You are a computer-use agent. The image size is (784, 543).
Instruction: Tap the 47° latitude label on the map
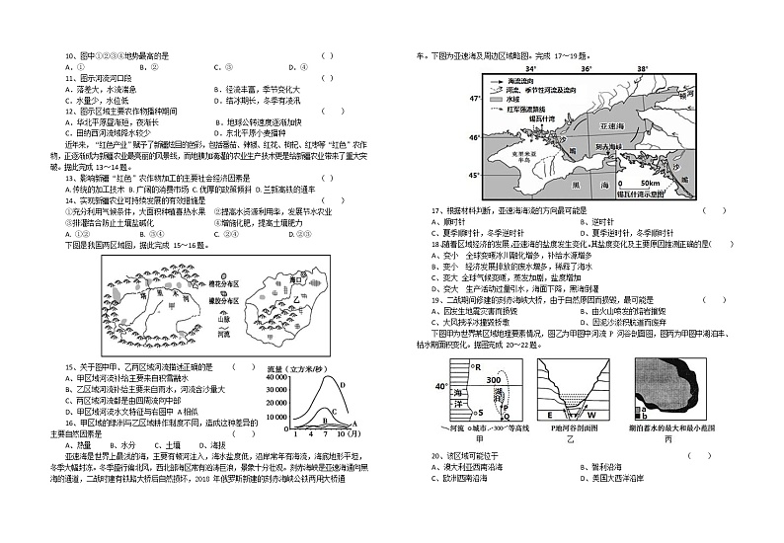(473, 99)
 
